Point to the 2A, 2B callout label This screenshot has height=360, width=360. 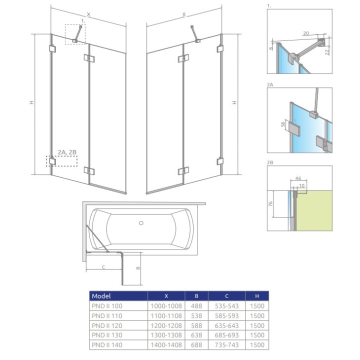[x=66, y=151]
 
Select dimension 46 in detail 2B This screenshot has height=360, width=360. [x=297, y=177]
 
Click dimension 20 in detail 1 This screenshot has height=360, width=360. [x=305, y=33]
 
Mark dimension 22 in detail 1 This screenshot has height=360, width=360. [x=327, y=52]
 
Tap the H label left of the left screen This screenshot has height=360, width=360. [x=31, y=103]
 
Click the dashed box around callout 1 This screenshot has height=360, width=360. [x=75, y=34]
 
